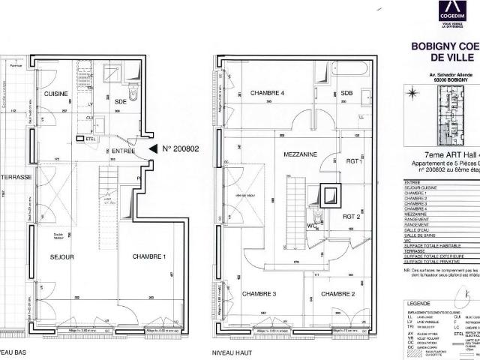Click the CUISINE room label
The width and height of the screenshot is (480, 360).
(56, 94)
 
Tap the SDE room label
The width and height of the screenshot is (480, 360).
(120, 102)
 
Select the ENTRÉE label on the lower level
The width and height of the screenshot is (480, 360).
(117, 150)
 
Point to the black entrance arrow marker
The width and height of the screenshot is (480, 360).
(154, 150)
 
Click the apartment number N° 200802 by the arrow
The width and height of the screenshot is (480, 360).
(179, 149)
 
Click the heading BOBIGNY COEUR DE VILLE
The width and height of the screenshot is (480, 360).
(445, 50)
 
